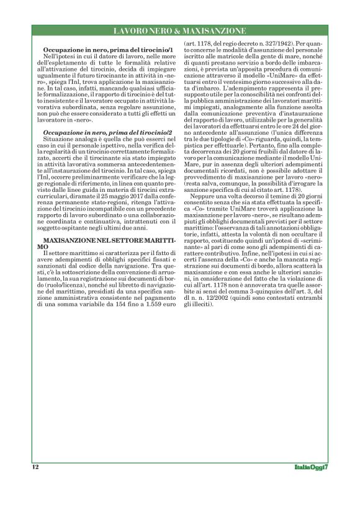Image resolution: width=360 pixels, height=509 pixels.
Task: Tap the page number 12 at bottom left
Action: pyautogui.click(x=35, y=467)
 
